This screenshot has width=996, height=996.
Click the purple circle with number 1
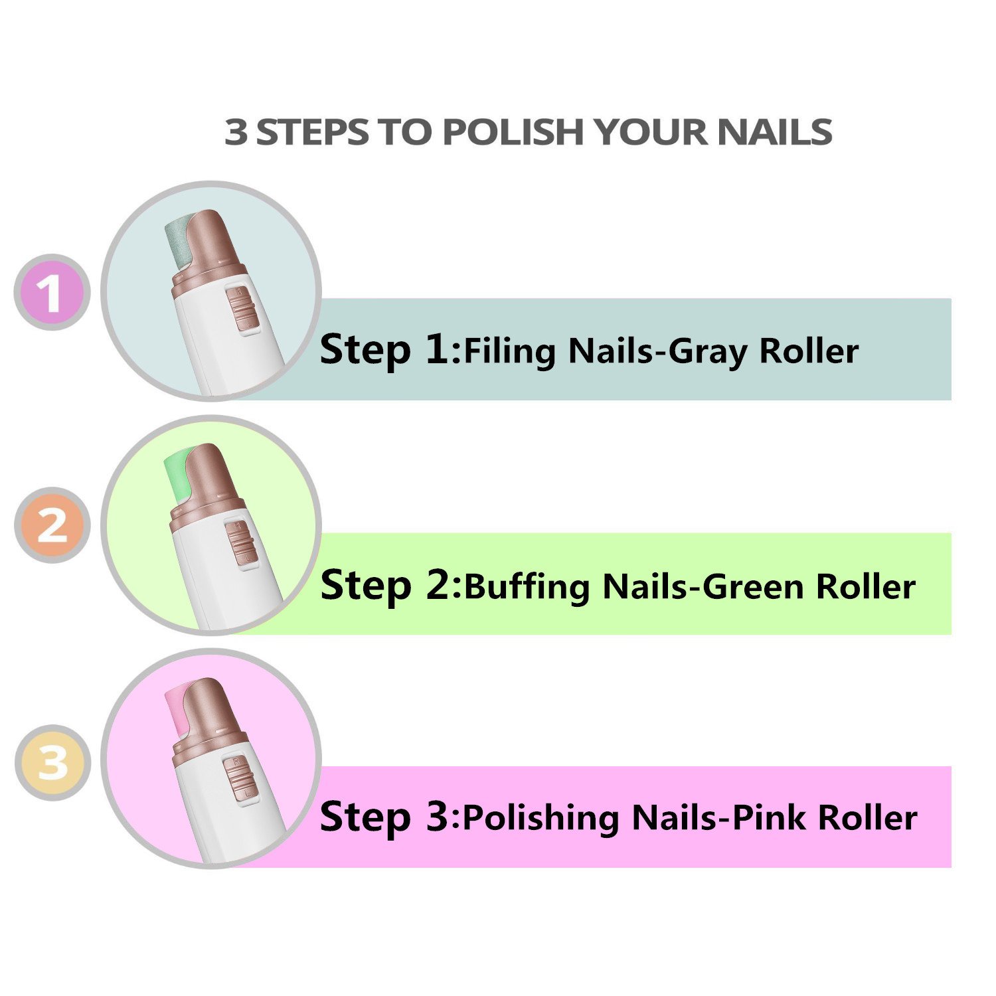click(52, 292)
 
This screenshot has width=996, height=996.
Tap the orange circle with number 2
click(52, 525)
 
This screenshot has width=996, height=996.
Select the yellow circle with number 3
click(52, 762)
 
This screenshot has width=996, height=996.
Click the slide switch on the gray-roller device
click(239, 308)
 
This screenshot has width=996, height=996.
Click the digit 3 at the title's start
click(236, 131)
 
